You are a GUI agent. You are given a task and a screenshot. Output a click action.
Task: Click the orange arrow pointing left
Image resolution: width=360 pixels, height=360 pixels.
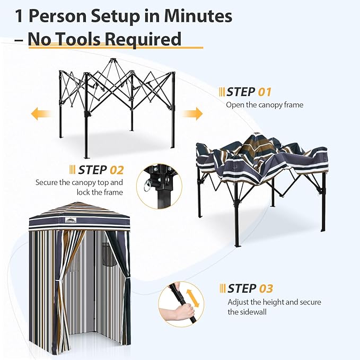41,113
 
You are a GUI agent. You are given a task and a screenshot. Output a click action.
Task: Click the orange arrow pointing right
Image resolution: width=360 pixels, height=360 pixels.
193,113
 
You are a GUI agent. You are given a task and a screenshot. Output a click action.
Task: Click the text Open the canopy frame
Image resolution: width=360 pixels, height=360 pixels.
265,104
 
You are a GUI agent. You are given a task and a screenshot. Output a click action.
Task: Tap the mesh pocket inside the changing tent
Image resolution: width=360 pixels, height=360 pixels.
108,257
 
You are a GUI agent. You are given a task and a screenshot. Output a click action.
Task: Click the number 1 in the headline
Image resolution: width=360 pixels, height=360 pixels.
20,16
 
